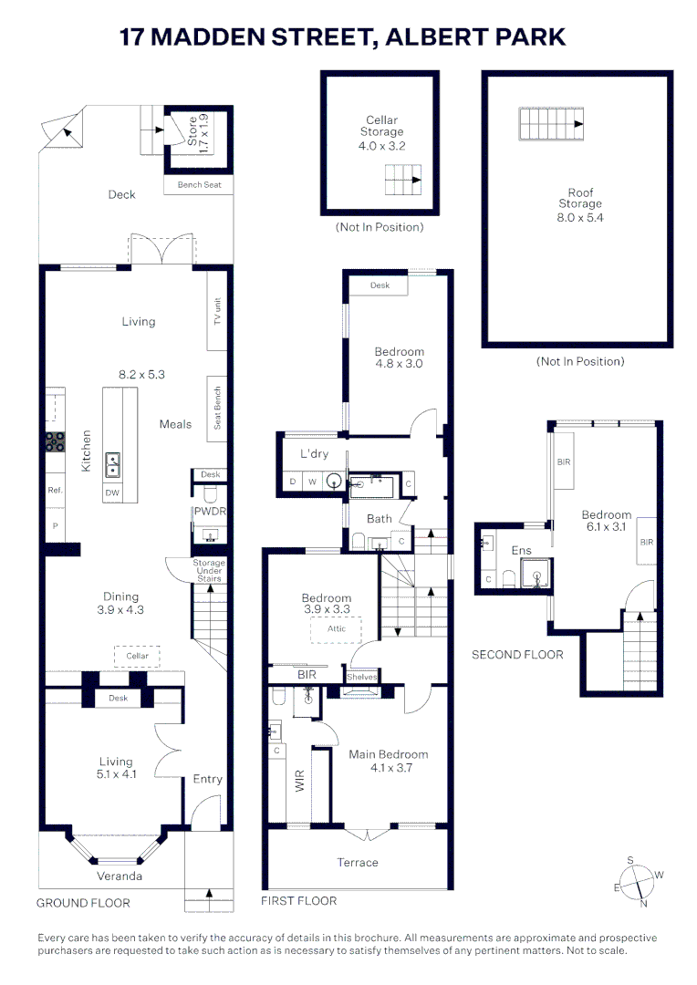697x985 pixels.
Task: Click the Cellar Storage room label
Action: coord(381,126)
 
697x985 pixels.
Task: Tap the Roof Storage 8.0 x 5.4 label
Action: coord(580,205)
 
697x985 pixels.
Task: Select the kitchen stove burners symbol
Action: coord(56,441)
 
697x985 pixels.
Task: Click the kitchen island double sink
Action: coord(112,465)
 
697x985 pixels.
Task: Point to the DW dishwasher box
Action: coord(112,493)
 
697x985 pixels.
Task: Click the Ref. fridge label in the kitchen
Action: coord(56,490)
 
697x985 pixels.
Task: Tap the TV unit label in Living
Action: coord(217,311)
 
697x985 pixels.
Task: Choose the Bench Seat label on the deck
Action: coord(199,184)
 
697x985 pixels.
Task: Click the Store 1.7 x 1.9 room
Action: coord(199,139)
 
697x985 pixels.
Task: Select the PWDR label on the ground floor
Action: coord(210,512)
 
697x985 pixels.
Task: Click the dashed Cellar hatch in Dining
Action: coord(137,656)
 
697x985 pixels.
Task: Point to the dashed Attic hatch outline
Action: coord(337,630)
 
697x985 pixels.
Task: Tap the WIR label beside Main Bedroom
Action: coord(300,781)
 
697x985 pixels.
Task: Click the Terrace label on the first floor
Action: coord(358,863)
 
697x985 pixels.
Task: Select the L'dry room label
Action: coord(314,453)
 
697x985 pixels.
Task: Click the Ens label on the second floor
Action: coord(521,550)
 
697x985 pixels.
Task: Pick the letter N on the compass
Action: coord(643,903)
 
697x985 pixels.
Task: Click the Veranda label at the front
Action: coord(120,876)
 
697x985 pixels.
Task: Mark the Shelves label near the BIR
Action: coord(362,677)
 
